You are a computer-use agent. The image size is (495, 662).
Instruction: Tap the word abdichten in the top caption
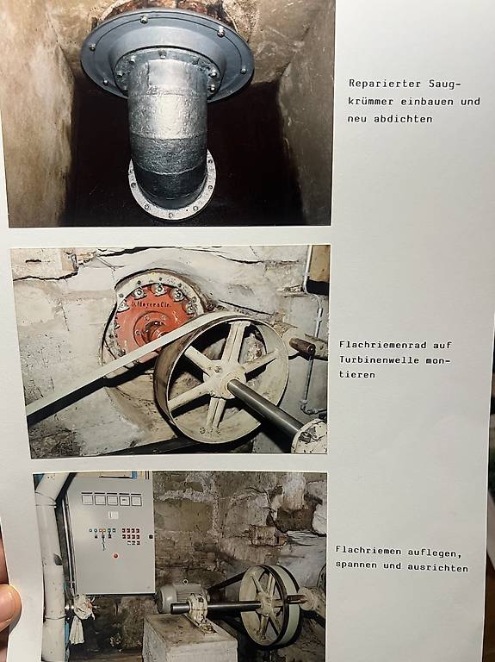click(403, 119)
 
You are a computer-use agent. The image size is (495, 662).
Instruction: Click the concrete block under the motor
click(189, 639)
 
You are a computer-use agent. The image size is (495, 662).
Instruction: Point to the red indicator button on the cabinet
click(115, 555)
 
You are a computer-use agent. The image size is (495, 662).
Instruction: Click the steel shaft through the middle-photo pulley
click(269, 407)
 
